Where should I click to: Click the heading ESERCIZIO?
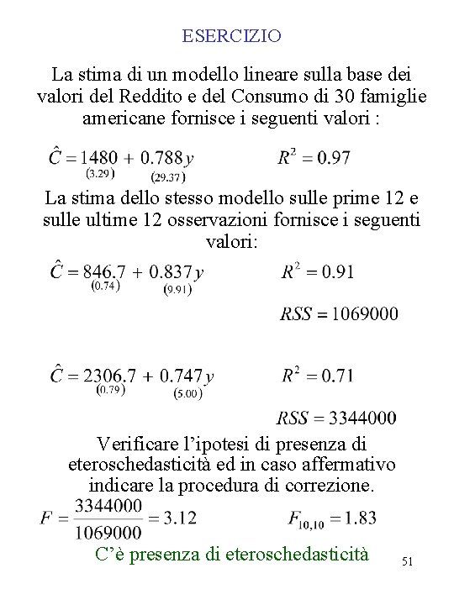click(x=231, y=36)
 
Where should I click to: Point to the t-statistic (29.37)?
click(x=168, y=176)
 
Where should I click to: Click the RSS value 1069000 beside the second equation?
click(x=365, y=314)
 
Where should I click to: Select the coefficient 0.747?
click(x=182, y=376)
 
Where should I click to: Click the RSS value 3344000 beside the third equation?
click(x=364, y=418)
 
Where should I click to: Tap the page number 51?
click(x=409, y=560)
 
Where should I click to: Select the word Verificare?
click(x=139, y=443)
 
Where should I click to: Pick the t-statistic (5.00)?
click(x=187, y=393)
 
